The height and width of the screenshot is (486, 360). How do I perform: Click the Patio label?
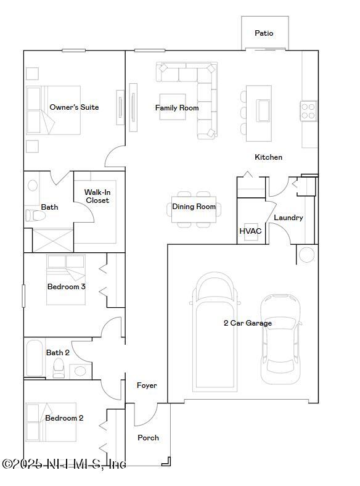point(264,33)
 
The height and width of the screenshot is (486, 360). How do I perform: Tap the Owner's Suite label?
point(74,107)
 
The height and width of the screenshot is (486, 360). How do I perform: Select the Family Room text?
point(177,108)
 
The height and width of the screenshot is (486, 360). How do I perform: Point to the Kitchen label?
point(269,157)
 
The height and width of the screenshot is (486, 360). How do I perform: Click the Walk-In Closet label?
point(97,196)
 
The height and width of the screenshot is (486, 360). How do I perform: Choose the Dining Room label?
point(194,207)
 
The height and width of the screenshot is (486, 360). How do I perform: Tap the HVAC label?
point(250,231)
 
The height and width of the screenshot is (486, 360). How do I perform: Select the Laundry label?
point(288,218)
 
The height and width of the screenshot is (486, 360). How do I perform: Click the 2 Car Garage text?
point(247,323)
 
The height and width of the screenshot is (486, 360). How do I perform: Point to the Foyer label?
point(147,385)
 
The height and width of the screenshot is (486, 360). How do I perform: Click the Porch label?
point(148,438)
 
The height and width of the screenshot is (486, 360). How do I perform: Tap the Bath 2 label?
point(58,353)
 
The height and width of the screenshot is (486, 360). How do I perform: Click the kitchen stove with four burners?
point(308,111)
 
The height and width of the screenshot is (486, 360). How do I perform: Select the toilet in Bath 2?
point(59,369)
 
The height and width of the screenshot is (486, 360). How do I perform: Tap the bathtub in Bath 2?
point(35,358)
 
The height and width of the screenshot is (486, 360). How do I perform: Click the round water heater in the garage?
point(306,254)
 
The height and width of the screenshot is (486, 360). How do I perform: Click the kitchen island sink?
point(263,110)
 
